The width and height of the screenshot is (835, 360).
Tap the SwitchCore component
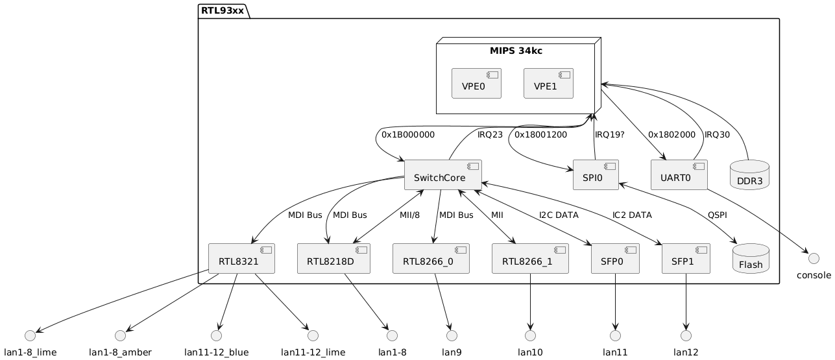pos(443,175)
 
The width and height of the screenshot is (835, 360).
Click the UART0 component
pos(678,175)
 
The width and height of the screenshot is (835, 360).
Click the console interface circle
pos(808,250)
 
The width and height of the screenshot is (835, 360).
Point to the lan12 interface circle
pos(686,335)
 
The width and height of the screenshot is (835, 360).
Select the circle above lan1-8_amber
pos(119,335)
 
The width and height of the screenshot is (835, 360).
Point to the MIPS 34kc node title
pos(516,50)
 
